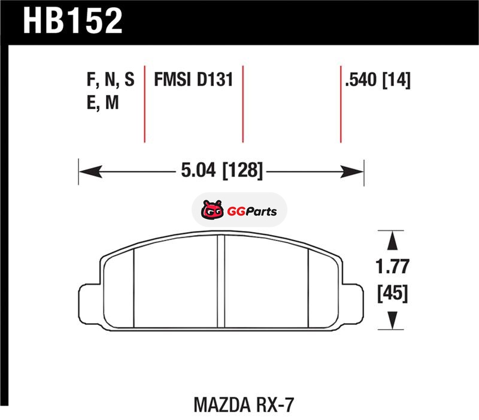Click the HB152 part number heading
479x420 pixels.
[72, 20]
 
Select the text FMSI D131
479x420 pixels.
[193, 80]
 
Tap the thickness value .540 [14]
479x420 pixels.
[378, 80]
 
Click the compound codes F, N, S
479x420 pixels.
[111, 80]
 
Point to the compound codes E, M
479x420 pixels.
[102, 102]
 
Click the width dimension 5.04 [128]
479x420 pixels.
[222, 171]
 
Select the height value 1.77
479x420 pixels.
[392, 266]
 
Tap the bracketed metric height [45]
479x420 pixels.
[393, 293]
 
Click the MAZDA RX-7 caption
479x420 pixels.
[244, 405]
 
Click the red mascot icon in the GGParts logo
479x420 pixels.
[212, 210]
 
